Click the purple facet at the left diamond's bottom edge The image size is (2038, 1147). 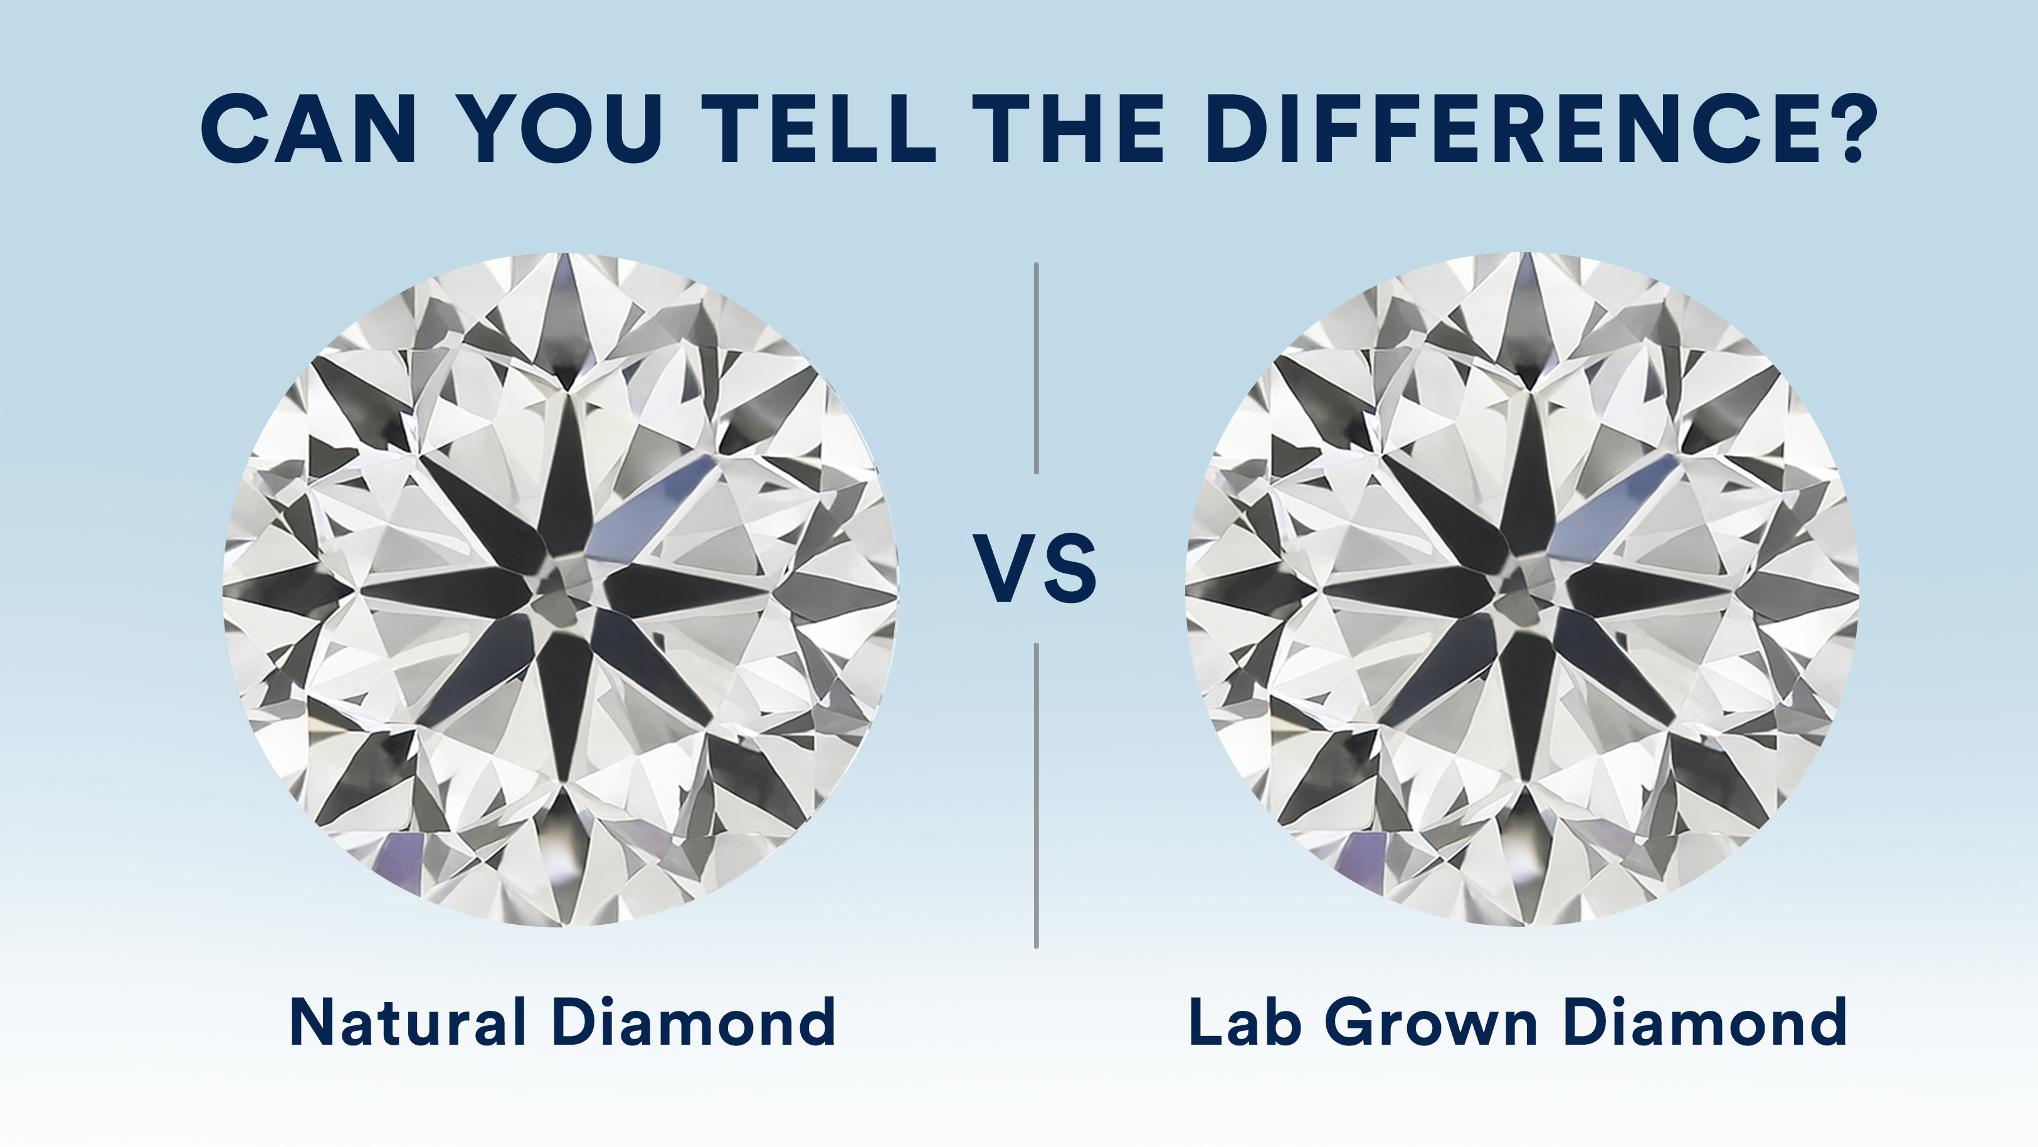(x=399, y=859)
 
